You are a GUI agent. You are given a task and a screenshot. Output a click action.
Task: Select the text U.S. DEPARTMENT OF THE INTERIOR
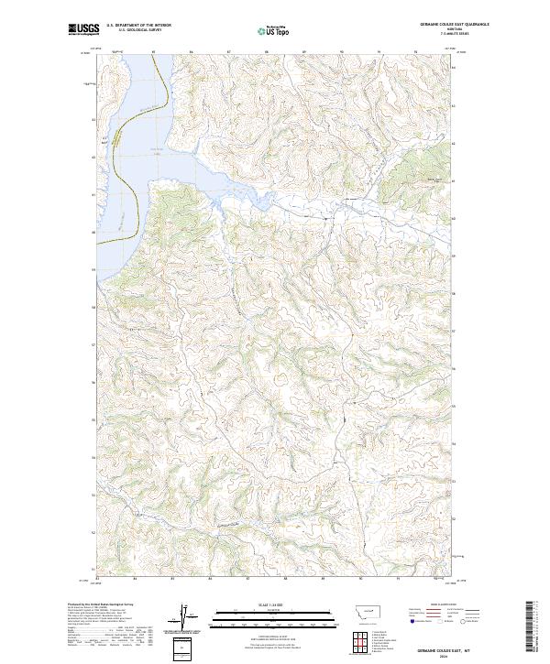coord(138,26)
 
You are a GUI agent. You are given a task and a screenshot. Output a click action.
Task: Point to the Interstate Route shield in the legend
coord(406,620)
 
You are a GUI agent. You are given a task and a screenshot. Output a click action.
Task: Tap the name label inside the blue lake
coord(156,151)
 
